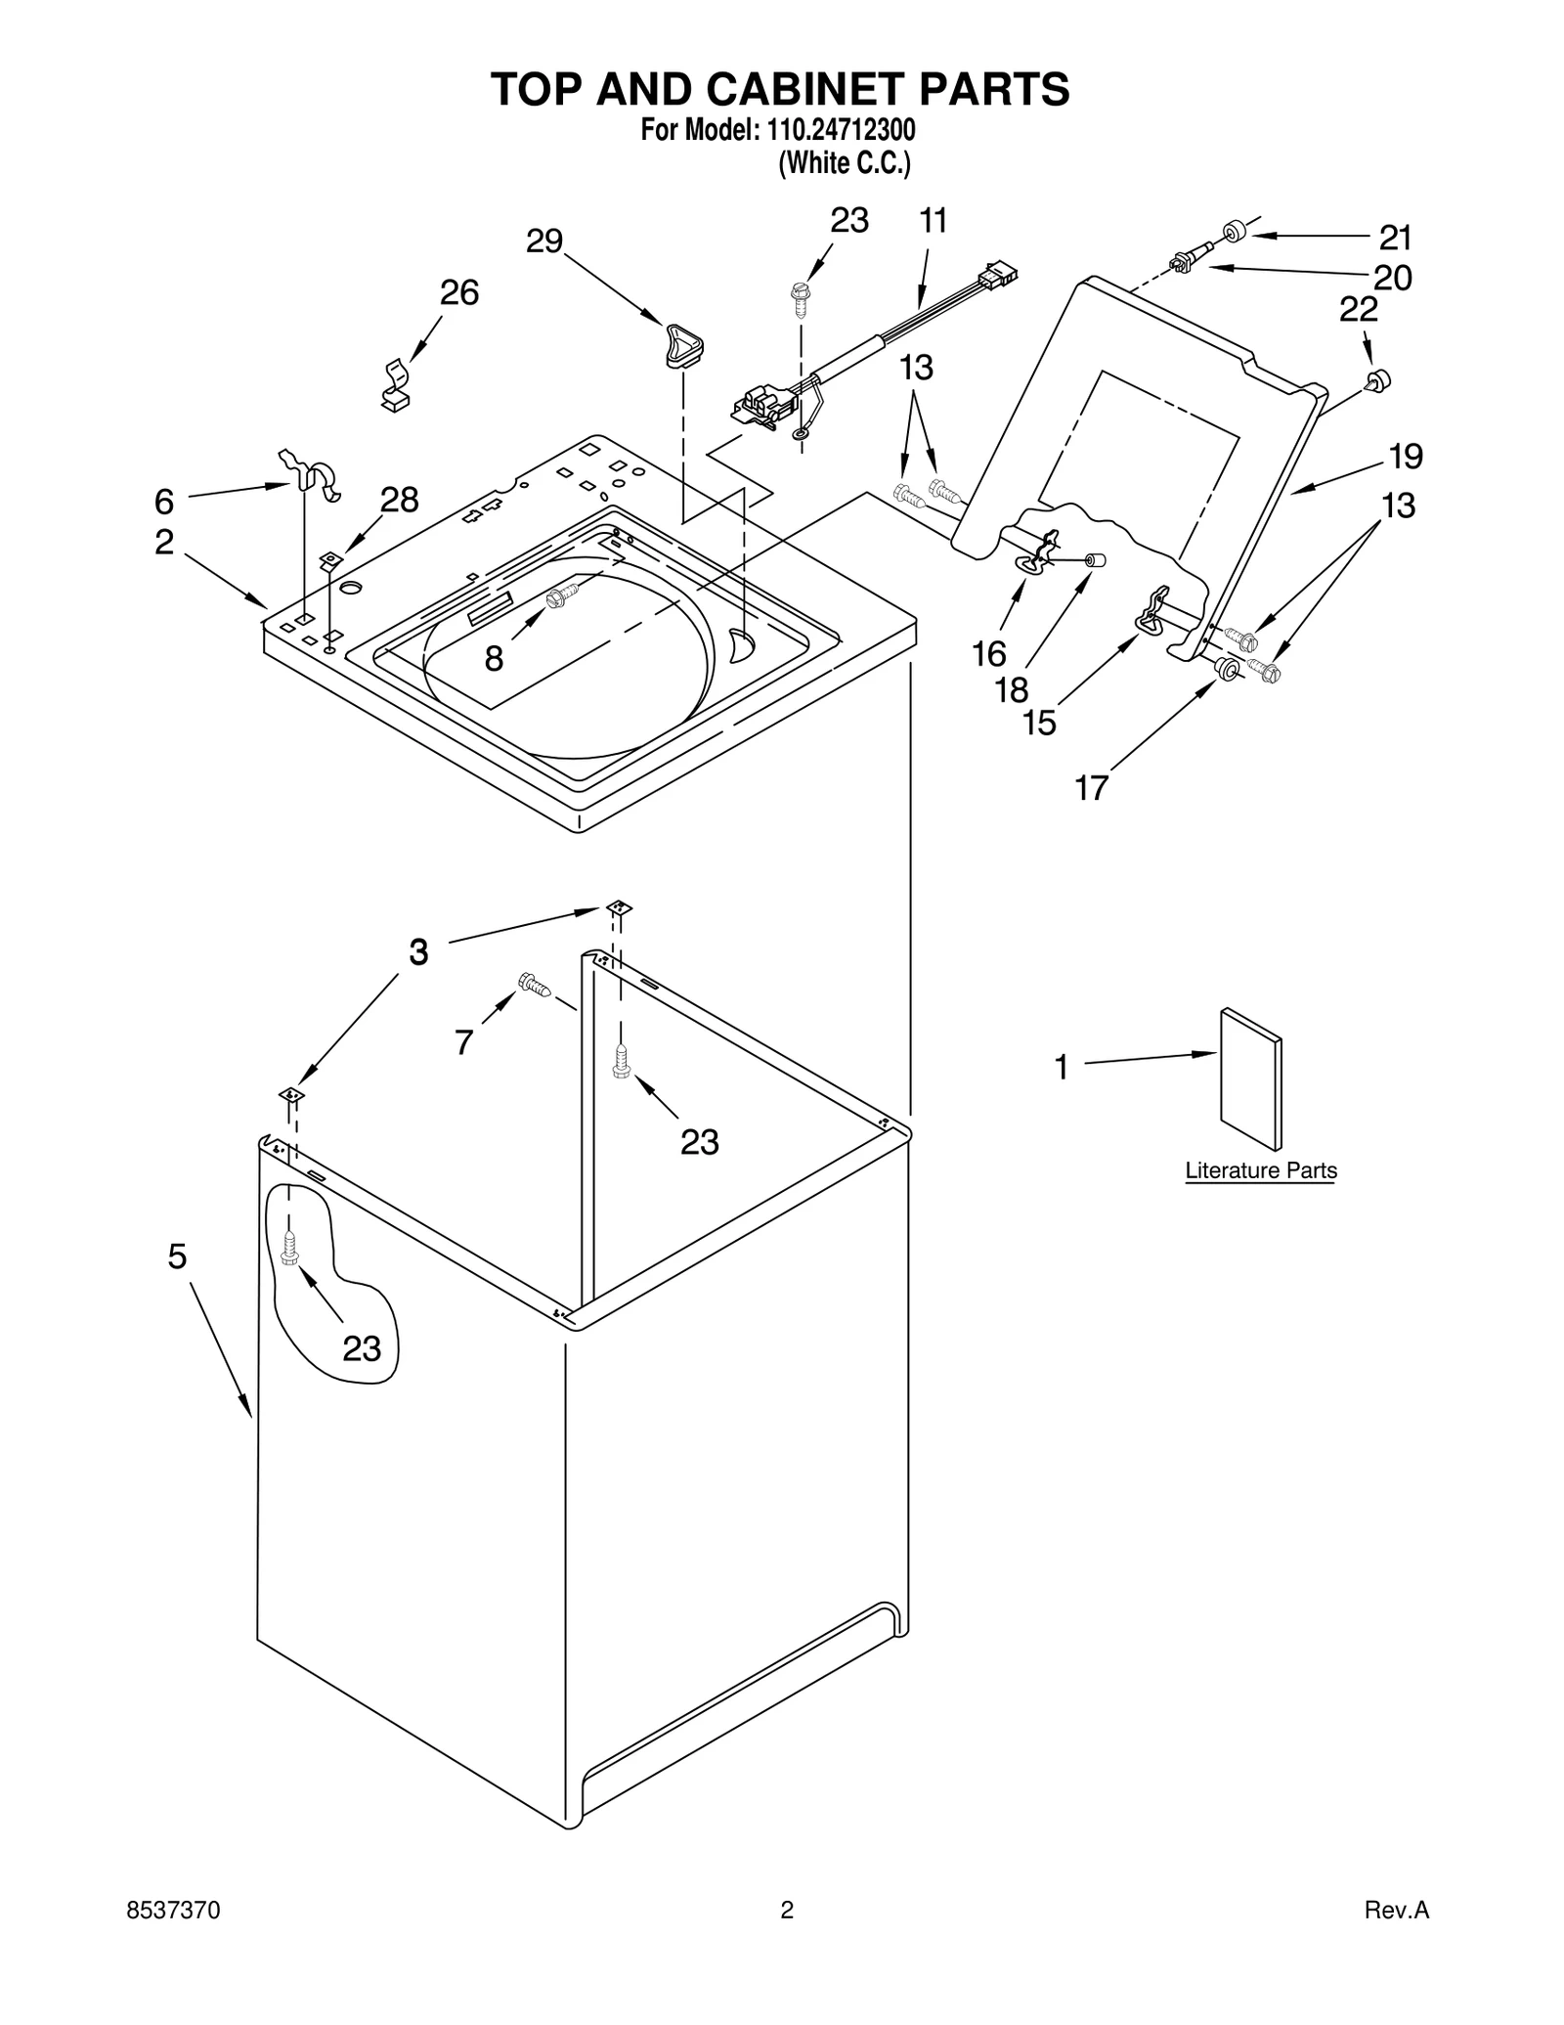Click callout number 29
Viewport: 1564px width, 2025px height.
544,241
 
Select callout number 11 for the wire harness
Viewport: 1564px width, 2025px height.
934,222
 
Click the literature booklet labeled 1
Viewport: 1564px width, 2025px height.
1250,1079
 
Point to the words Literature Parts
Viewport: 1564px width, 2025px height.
1260,1170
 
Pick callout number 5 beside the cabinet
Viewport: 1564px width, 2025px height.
176,1256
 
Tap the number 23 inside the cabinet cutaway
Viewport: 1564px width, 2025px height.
362,1348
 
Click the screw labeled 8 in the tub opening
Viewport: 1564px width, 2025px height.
563,595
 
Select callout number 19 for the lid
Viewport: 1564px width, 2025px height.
1406,456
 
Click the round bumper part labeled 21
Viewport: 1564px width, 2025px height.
1236,232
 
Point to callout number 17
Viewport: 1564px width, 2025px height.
1091,788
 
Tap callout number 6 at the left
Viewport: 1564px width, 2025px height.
164,502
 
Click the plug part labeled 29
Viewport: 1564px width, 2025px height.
683,346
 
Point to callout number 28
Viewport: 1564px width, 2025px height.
399,500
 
